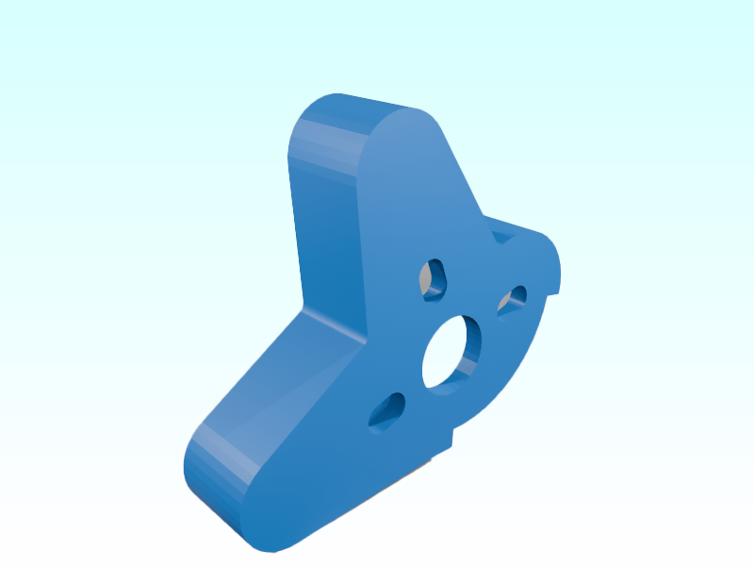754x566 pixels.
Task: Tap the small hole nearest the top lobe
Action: click(x=434, y=279)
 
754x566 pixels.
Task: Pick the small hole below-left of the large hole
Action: click(x=386, y=411)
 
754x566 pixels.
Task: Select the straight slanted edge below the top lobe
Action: click(x=462, y=175)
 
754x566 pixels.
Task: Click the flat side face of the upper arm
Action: click(x=325, y=236)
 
